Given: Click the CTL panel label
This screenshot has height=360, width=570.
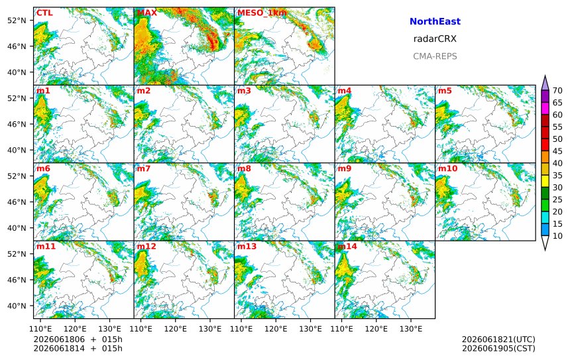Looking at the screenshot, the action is pos(44,13).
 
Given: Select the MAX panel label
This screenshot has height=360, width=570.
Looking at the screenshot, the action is pos(147,13).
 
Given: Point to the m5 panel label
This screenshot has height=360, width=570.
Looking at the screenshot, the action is pos(445,91).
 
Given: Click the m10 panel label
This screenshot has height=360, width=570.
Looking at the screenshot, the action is pos(447,168).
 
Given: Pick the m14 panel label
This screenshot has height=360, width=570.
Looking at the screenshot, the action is pos(347,247).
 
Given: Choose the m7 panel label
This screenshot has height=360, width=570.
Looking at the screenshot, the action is pos(144,168).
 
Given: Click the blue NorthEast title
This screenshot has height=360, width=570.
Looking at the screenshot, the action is pos(435,21).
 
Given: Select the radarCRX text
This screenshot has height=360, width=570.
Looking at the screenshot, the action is pos(435,39).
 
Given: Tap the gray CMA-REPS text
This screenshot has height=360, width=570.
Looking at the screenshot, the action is pos(435,56).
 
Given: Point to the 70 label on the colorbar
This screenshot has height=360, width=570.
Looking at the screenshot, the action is pos(557,91).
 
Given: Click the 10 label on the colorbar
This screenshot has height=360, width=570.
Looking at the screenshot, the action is pos(557,236).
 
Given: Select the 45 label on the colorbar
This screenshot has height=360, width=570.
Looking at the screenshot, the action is pos(557,151).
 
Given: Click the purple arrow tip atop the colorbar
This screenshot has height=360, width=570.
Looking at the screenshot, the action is pos(545,76).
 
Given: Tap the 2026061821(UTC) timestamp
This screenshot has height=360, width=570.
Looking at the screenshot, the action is pos(498,339).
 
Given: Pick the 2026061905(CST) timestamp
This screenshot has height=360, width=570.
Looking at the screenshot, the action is pos(498,348).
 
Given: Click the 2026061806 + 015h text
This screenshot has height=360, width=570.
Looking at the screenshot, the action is pos(78,339).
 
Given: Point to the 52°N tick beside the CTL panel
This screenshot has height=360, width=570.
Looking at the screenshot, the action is pos(17,21).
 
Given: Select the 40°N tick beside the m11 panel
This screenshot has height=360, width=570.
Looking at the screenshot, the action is pos(17,306).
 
